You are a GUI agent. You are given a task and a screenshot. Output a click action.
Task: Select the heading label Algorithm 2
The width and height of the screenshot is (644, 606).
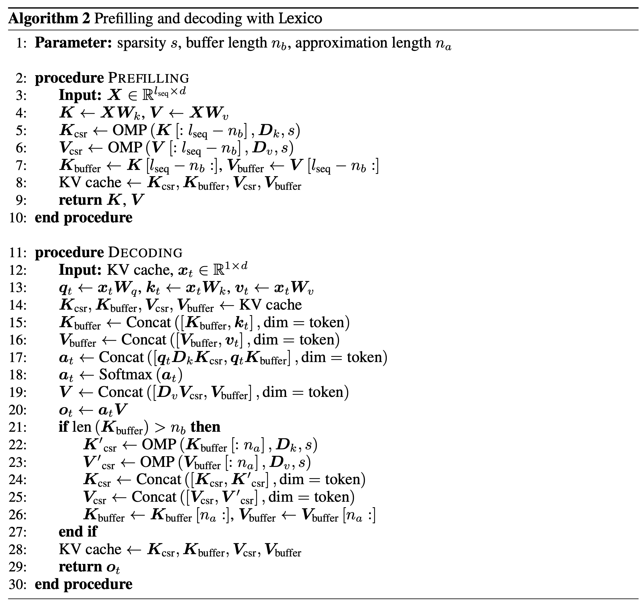pos(49,18)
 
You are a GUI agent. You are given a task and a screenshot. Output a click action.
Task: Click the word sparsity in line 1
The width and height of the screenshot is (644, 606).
pos(142,43)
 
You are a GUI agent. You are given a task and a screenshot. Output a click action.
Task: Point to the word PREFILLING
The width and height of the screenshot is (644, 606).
pos(148,78)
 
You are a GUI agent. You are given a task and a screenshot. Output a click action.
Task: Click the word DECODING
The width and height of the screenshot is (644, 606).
pos(145,252)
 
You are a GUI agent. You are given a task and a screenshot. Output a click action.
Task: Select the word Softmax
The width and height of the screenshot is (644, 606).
pos(125,374)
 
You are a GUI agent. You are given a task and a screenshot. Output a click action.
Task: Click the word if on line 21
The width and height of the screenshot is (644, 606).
pos(63,427)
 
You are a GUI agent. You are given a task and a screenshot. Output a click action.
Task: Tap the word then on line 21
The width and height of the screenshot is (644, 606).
pos(205,427)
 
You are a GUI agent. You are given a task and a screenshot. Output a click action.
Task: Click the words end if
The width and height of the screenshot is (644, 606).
pos(78,531)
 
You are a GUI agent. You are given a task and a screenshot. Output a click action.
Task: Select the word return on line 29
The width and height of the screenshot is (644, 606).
pos(80,567)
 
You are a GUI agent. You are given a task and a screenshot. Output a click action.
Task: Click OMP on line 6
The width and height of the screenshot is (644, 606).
pos(125,148)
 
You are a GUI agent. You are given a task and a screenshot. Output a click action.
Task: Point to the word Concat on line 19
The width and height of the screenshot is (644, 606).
pos(121,392)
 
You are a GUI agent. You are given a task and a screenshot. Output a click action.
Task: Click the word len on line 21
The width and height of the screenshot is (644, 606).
pos(82,427)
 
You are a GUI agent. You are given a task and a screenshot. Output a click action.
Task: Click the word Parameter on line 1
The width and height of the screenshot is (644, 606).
pos(73,43)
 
